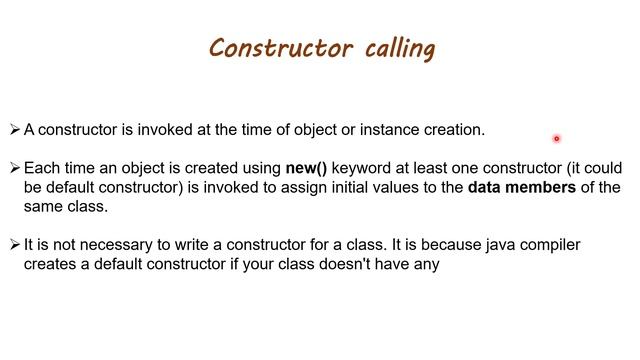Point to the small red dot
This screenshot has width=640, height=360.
(x=556, y=139)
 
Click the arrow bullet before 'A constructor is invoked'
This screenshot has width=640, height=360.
(x=15, y=129)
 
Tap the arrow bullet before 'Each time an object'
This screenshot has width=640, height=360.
(x=15, y=168)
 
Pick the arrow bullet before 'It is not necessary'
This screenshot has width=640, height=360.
(x=15, y=245)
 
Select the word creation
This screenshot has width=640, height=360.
(x=449, y=129)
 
